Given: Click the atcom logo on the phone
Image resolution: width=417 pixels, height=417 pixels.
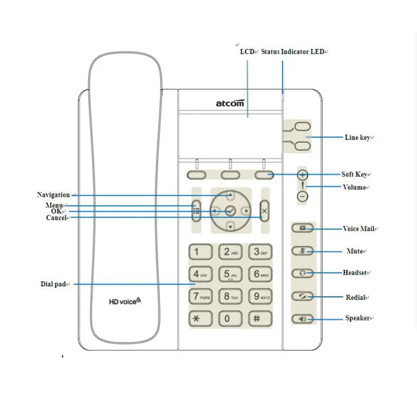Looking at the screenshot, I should (x=230, y=103).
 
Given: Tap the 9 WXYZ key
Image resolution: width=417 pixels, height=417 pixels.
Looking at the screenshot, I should (x=260, y=297).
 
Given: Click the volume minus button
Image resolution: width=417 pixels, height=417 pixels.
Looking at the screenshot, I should (x=303, y=197).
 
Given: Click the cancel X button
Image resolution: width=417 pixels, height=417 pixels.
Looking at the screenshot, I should (x=264, y=211).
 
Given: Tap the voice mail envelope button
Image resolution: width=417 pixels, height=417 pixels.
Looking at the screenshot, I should (x=303, y=228).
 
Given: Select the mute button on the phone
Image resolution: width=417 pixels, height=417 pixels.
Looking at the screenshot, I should (x=303, y=251).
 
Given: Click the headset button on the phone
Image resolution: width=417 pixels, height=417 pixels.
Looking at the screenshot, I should (x=303, y=273).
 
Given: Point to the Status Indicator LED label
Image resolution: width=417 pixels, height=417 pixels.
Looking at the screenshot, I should (x=292, y=52).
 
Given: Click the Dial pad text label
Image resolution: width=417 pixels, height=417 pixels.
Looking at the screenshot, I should (x=53, y=284).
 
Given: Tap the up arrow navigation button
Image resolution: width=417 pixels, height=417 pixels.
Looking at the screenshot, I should (x=230, y=196).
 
